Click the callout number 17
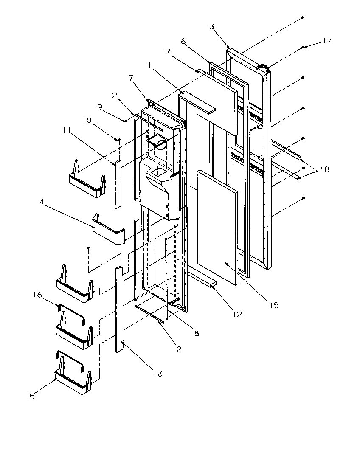[x=326, y=41]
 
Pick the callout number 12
[x=237, y=314]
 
